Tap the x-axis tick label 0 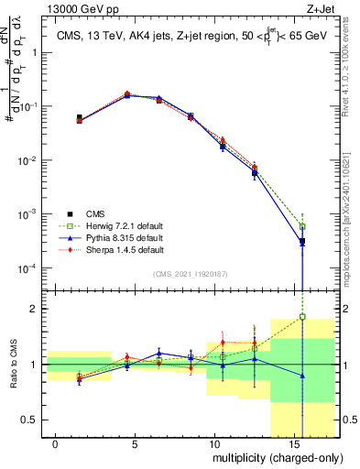pos(56,444)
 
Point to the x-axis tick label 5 pos(135,444)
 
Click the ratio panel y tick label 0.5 pos(31,420)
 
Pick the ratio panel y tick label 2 pos(36,309)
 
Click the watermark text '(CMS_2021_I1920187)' pos(190,274)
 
